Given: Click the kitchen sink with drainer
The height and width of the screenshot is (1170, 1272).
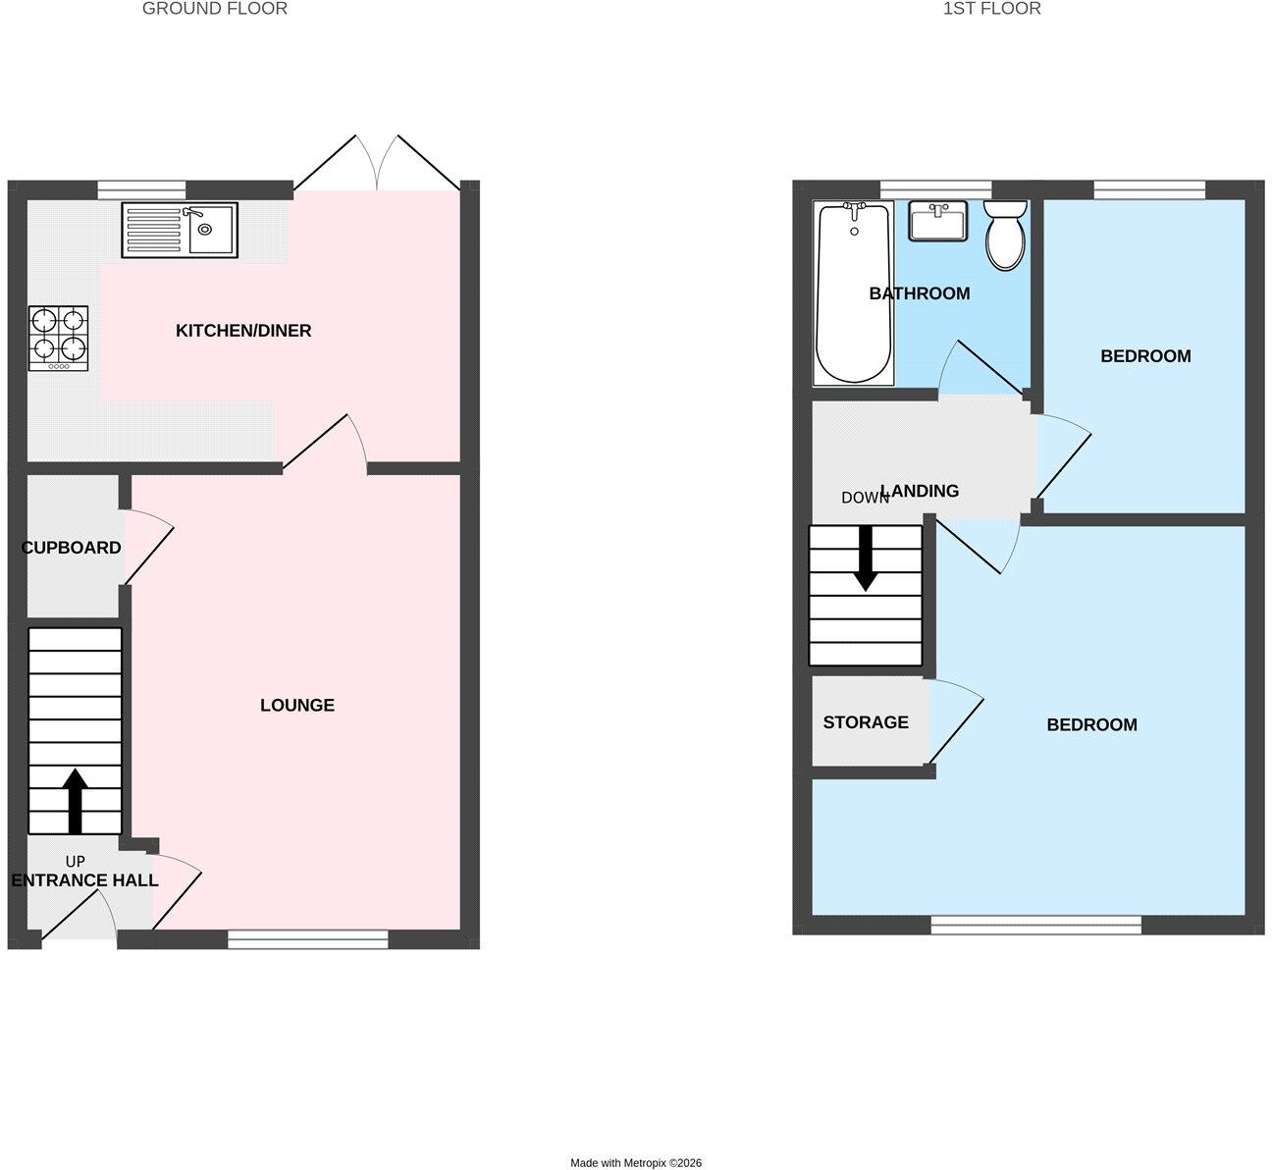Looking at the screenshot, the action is [x=180, y=231].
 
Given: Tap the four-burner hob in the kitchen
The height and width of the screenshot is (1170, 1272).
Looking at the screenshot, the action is [x=58, y=338].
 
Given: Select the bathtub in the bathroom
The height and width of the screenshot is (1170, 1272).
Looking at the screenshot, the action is [x=854, y=292].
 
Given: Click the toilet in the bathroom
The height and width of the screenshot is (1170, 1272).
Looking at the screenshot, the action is [x=1005, y=235].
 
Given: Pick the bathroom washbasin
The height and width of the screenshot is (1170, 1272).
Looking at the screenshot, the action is [x=938, y=221].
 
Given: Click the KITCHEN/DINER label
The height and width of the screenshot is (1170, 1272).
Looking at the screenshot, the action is [x=243, y=331].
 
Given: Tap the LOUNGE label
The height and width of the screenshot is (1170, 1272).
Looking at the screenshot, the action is [x=297, y=705].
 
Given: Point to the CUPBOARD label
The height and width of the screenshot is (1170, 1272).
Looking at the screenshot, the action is [x=71, y=548].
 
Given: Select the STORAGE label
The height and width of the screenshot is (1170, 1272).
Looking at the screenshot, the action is [x=866, y=722].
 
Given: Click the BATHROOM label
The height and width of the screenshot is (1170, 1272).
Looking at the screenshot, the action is [x=920, y=293].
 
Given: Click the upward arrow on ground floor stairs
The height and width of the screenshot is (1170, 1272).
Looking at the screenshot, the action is [x=75, y=801].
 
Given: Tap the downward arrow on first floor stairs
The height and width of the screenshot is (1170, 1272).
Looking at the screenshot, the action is [x=866, y=558].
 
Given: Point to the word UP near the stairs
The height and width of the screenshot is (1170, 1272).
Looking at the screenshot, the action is [x=75, y=861].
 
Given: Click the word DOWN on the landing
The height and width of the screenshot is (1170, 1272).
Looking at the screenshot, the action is [x=865, y=498].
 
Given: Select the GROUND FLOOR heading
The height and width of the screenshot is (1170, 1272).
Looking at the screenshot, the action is [x=215, y=9].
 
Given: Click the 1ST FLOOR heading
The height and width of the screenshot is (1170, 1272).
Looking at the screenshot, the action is [x=992, y=9].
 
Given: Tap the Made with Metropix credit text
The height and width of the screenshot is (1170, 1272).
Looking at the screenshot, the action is [x=636, y=1163].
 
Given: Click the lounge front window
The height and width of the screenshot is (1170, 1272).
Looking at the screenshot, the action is [x=307, y=939].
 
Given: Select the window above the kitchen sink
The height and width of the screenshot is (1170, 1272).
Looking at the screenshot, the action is [x=142, y=189].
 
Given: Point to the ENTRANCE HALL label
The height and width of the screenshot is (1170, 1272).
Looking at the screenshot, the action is [x=85, y=880].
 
